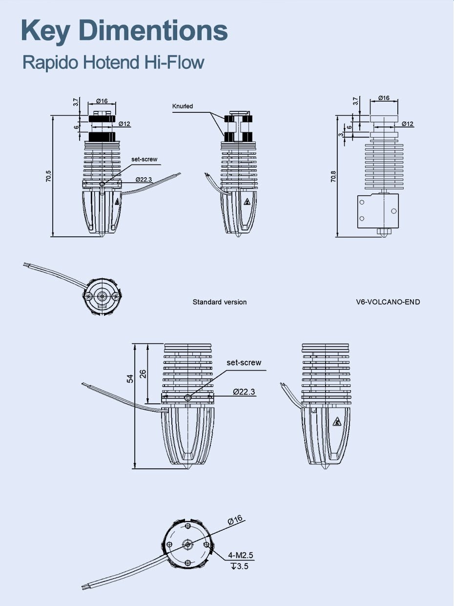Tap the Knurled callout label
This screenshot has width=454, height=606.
tap(183, 106)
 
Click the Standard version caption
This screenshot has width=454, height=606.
tap(219, 302)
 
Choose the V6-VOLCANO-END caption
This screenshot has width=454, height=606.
tap(388, 302)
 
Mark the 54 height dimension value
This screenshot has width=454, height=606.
tap(130, 379)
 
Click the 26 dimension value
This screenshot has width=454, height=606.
tap(143, 374)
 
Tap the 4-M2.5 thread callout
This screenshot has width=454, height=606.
tap(241, 556)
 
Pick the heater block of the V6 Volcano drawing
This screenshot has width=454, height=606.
tap(378, 210)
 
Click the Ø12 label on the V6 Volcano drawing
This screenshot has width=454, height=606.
tap(408, 124)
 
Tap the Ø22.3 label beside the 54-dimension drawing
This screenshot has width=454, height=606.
tap(244, 392)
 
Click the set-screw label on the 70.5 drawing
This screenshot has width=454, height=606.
tap(144, 159)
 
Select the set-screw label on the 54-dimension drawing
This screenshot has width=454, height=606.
tap(244, 363)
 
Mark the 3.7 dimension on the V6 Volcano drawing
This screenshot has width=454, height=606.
tap(356, 101)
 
